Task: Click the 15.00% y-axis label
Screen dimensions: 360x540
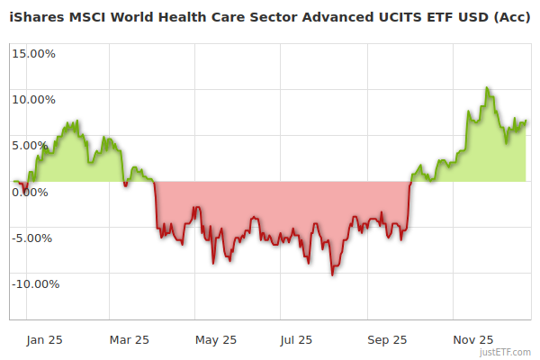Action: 33,53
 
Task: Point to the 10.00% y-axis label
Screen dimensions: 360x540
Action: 33,99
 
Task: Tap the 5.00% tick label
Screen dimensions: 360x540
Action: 36,145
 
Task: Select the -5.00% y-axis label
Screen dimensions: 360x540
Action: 35,238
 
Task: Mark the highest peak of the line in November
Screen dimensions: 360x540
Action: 487,88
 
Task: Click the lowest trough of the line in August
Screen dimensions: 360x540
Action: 333,274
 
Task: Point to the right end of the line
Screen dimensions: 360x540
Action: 526,121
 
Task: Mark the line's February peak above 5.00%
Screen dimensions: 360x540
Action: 77,121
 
